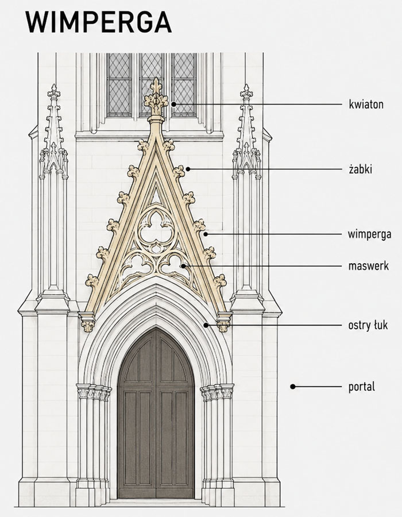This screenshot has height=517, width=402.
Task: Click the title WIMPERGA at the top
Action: (98, 22)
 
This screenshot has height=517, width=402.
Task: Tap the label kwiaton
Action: (366, 105)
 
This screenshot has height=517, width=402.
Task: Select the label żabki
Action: (361, 169)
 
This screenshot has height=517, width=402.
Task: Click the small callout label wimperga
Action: (369, 234)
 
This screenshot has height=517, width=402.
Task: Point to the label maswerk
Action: (368, 266)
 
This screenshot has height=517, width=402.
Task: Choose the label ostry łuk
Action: (368, 325)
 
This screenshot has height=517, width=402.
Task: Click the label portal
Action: (361, 387)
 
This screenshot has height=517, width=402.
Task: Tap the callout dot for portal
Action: (293, 387)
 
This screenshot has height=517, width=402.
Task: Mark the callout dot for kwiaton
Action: (173, 104)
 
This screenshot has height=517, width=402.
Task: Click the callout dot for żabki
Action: (188, 169)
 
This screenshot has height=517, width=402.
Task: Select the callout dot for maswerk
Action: (183, 266)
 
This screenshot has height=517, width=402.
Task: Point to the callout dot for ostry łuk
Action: (206, 325)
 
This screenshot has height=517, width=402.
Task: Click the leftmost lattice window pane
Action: (119, 84)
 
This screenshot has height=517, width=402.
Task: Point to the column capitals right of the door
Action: (217, 392)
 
